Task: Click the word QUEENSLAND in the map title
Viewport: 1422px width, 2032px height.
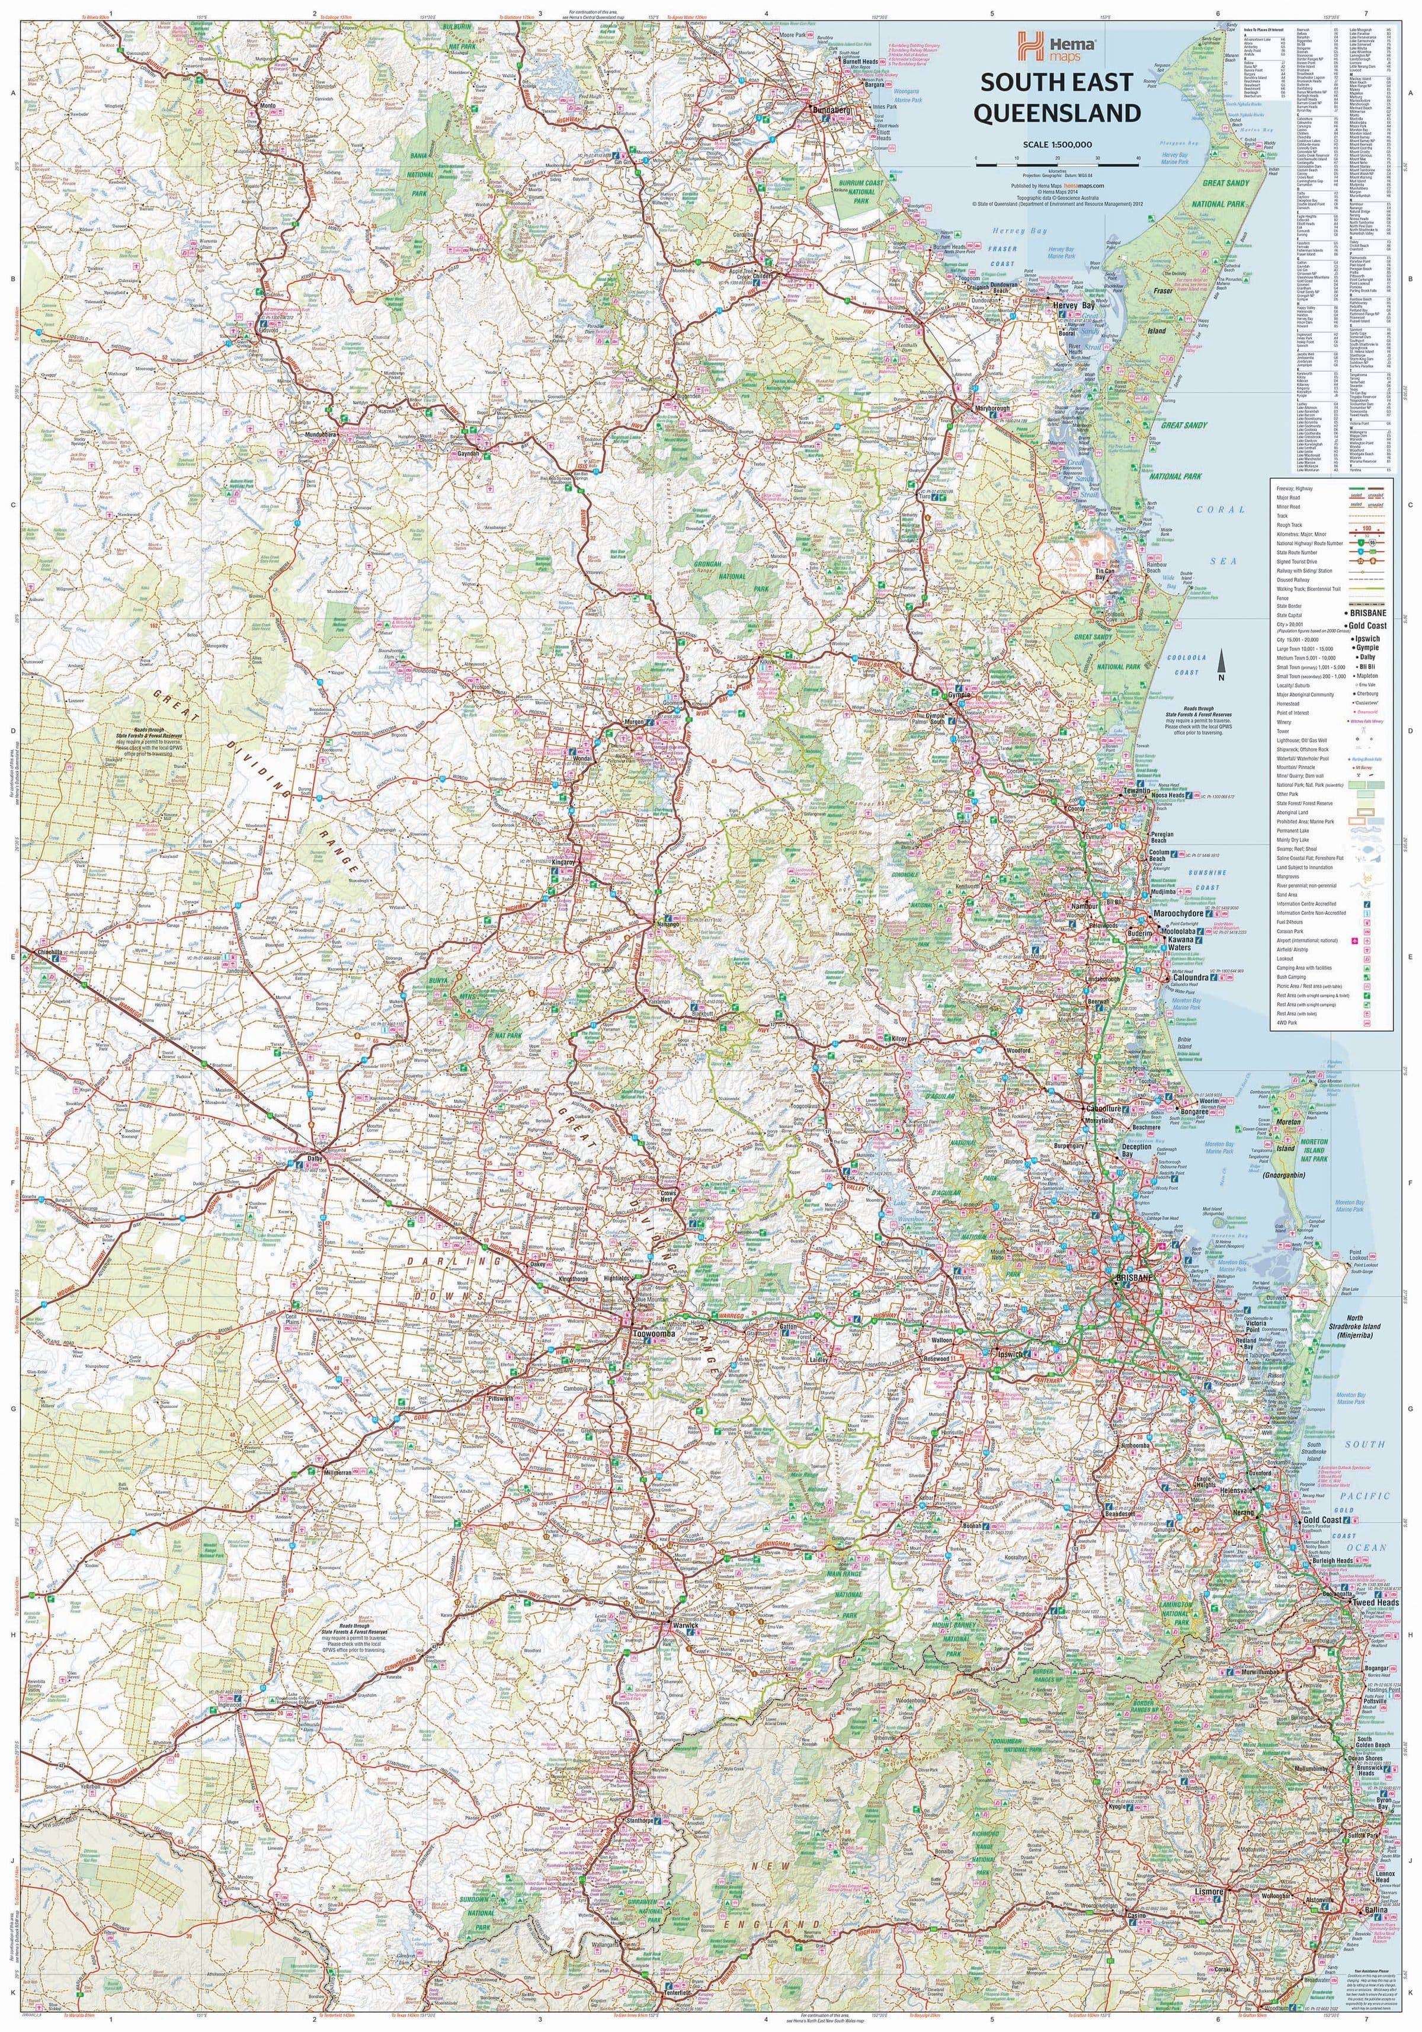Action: [1058, 113]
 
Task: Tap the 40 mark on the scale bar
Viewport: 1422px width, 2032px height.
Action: [1138, 158]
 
